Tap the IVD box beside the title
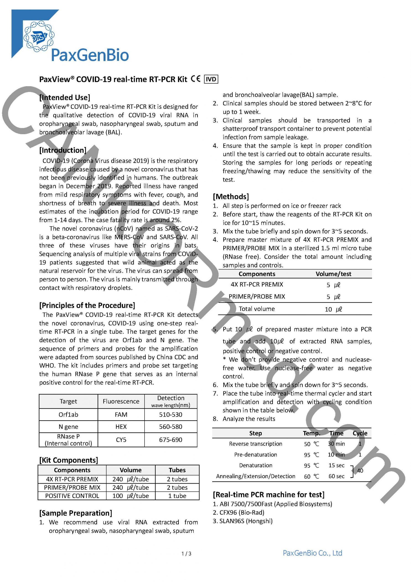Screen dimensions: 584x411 pos(211,79)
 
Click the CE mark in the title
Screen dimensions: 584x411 pos(195,79)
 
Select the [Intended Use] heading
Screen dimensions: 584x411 pos(65,97)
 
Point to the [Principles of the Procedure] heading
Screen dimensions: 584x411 pos(87,305)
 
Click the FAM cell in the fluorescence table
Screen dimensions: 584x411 pos(121,415)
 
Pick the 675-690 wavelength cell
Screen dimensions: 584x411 pos(171,440)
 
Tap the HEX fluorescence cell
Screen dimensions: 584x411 pos(121,427)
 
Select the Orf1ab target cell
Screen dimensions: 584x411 pos(68,415)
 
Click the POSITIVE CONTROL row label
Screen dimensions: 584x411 pos(72,496)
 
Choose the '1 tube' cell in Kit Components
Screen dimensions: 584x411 pos(177,496)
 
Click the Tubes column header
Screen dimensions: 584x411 pos(177,470)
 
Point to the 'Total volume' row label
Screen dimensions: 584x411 pos(257,309)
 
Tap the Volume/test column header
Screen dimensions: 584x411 pos(333,274)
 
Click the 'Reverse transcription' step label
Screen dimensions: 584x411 pos(256,444)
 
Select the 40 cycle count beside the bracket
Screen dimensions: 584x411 pos(360,471)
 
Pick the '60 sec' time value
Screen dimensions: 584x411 pos(336,476)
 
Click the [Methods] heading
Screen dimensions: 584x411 pos(231,197)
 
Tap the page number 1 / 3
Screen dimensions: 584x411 pos(186,553)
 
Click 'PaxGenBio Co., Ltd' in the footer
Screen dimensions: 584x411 pos(312,553)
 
